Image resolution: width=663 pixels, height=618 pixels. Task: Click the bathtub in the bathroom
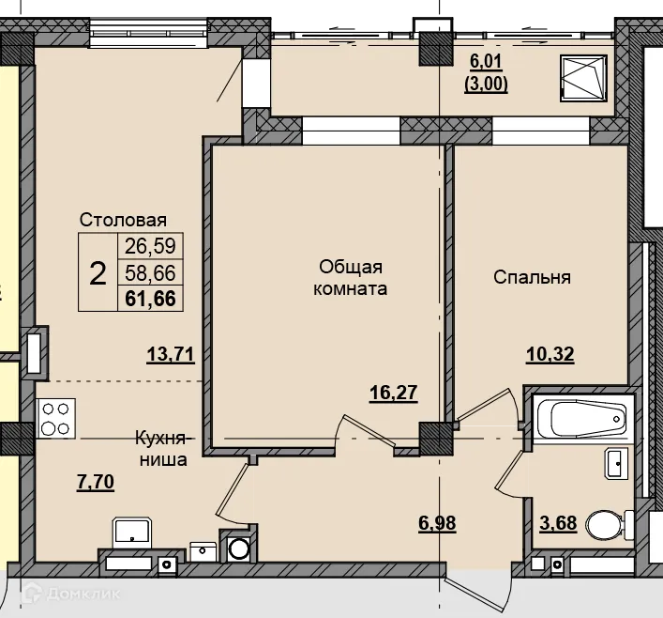[583, 418]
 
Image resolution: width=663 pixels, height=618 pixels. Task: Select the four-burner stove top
[56, 419]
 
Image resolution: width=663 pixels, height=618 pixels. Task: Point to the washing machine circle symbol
[238, 548]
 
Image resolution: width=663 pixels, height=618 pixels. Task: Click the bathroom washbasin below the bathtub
[616, 464]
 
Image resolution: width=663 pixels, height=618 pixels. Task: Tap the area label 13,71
[171, 354]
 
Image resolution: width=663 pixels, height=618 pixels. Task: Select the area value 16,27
[394, 393]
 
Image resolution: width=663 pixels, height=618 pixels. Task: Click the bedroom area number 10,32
[550, 354]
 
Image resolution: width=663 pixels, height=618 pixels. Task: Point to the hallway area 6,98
[437, 523]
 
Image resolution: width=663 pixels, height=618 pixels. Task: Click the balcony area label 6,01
[486, 61]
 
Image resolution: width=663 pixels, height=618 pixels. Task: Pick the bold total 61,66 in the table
[150, 299]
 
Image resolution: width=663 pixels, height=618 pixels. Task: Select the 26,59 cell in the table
[150, 246]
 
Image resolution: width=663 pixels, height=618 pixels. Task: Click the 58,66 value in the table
[150, 272]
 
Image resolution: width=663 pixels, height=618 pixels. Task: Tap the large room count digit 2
[98, 273]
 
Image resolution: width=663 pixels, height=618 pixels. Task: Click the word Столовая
[123, 220]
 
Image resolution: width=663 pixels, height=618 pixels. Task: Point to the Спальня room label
[532, 277]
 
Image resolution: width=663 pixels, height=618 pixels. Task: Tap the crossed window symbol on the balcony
[583, 78]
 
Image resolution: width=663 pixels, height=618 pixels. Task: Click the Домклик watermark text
[83, 594]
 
